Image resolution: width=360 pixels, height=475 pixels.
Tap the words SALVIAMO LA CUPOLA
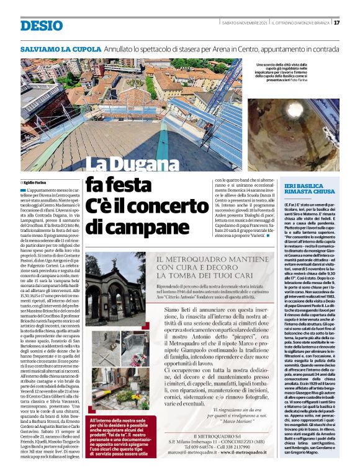tap(60, 48)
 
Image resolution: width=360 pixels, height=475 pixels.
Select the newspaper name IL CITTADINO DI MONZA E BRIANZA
tap(300, 23)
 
